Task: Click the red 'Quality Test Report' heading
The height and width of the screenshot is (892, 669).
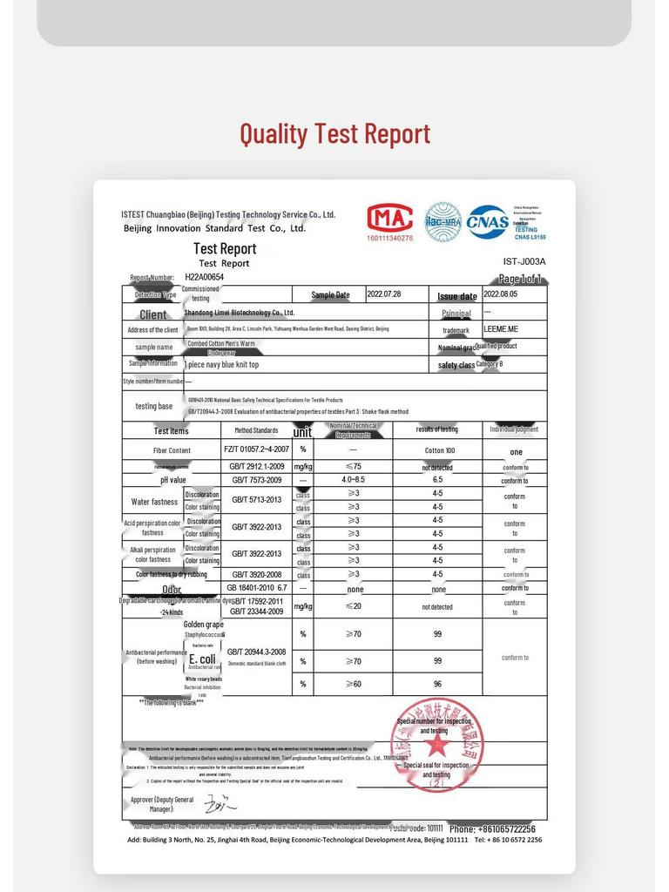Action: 334,134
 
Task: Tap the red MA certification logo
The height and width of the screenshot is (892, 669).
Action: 390,219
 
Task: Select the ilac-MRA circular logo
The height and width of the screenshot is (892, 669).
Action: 443,221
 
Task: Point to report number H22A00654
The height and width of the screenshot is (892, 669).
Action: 205,277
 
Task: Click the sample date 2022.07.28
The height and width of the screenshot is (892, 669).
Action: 384,294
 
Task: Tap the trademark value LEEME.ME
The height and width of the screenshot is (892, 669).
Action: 501,329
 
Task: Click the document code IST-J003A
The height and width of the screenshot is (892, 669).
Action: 524,261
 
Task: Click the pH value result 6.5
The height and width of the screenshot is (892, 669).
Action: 437,480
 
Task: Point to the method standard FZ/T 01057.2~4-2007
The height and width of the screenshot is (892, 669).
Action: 255,449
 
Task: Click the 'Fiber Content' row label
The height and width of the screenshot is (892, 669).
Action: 172,450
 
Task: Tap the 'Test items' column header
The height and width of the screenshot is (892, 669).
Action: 171,430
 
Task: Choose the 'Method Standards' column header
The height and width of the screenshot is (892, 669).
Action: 256,430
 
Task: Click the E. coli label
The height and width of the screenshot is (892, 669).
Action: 202,659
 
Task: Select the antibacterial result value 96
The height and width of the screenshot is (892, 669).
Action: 437,684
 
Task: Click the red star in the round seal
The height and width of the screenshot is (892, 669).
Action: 436,744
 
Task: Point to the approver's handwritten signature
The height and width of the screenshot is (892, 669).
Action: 214,801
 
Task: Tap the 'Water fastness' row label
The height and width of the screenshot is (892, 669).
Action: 153,502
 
